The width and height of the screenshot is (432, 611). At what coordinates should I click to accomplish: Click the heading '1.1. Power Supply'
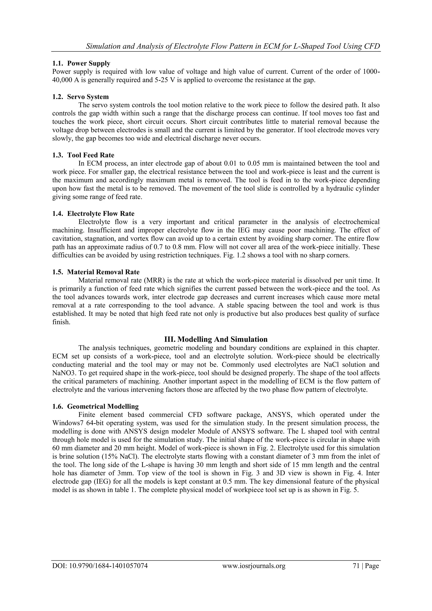[81, 63]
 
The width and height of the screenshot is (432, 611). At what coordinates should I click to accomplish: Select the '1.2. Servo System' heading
[80, 97]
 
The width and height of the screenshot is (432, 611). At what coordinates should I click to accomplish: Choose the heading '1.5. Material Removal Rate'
[96, 272]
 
